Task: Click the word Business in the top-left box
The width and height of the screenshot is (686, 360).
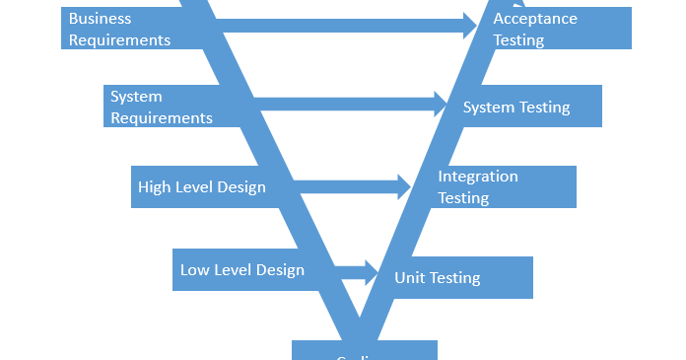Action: click(100, 19)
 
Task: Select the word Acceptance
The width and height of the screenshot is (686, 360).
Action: click(535, 19)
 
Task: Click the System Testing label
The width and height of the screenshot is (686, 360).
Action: click(516, 107)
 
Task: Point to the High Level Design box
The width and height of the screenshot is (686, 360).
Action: click(201, 186)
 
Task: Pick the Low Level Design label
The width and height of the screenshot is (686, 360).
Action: click(241, 269)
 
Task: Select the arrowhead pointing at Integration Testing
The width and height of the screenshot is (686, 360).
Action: click(404, 186)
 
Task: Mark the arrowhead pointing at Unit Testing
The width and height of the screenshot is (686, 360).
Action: click(372, 272)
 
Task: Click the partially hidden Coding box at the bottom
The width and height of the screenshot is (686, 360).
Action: click(364, 352)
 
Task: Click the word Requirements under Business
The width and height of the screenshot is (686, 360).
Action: click(119, 40)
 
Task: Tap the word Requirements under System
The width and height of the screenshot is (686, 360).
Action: click(161, 118)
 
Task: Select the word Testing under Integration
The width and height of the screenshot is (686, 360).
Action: click(463, 198)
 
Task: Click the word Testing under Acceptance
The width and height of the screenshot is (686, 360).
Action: click(518, 40)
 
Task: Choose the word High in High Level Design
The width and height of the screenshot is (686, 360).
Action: click(154, 186)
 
